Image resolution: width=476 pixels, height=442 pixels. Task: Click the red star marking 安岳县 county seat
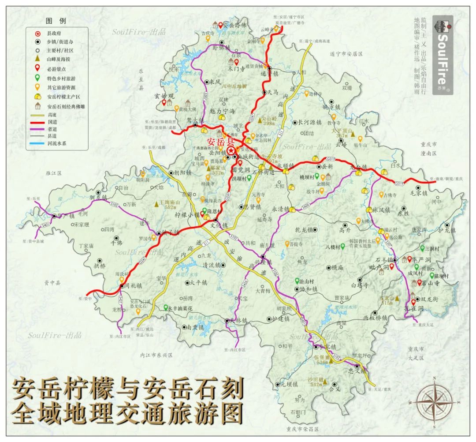(x=231, y=150)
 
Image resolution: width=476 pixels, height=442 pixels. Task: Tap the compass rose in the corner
(x=434, y=401)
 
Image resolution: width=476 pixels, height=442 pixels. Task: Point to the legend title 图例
(x=56, y=21)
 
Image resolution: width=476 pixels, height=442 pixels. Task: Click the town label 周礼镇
(x=133, y=286)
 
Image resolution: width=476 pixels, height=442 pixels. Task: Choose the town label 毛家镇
(x=419, y=193)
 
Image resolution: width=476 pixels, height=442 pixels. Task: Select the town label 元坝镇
(x=289, y=384)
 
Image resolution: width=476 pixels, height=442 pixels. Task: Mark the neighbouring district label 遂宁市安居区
(x=346, y=54)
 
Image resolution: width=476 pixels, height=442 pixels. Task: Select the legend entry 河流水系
(x=57, y=143)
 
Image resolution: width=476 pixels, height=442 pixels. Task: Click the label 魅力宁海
(x=223, y=111)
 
